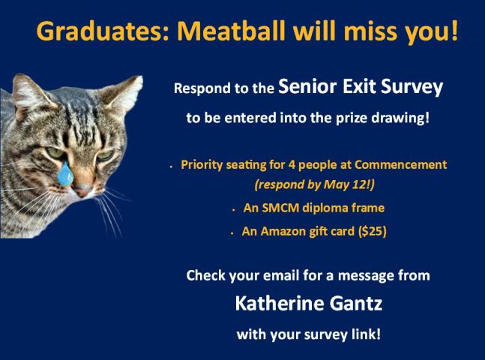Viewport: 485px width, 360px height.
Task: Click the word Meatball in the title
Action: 228,32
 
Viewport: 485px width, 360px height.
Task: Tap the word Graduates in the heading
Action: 97,32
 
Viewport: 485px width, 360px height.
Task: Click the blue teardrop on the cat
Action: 67,175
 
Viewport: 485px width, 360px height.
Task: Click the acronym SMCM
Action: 277,208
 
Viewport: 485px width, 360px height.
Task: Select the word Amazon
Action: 282,232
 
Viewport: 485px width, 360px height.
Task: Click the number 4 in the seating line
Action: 282,164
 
